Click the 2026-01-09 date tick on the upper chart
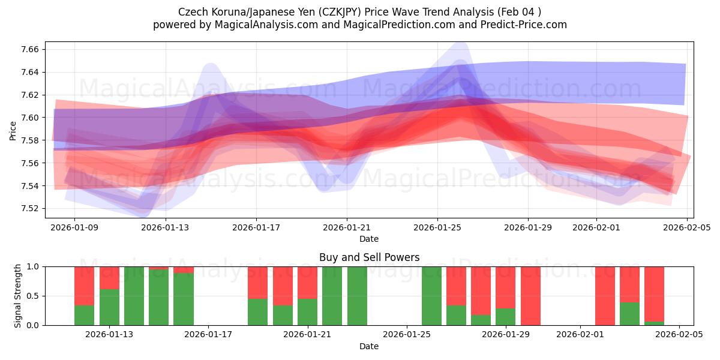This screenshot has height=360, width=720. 74,228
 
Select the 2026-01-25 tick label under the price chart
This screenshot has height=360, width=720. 437,228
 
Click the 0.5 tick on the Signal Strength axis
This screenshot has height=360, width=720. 33,296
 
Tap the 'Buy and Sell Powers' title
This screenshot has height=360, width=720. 369,257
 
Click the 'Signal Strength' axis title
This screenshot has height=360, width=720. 18,296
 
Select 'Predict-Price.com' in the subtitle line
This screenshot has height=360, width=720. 520,25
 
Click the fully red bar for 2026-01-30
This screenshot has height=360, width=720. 530,296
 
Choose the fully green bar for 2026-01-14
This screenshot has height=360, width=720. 134,296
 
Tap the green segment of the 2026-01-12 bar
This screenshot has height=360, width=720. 85,315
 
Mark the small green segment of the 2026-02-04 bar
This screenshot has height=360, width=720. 654,323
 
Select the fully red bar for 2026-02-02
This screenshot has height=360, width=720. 605,296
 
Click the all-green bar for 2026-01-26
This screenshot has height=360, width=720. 431,296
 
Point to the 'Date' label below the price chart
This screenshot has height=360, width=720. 369,239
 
